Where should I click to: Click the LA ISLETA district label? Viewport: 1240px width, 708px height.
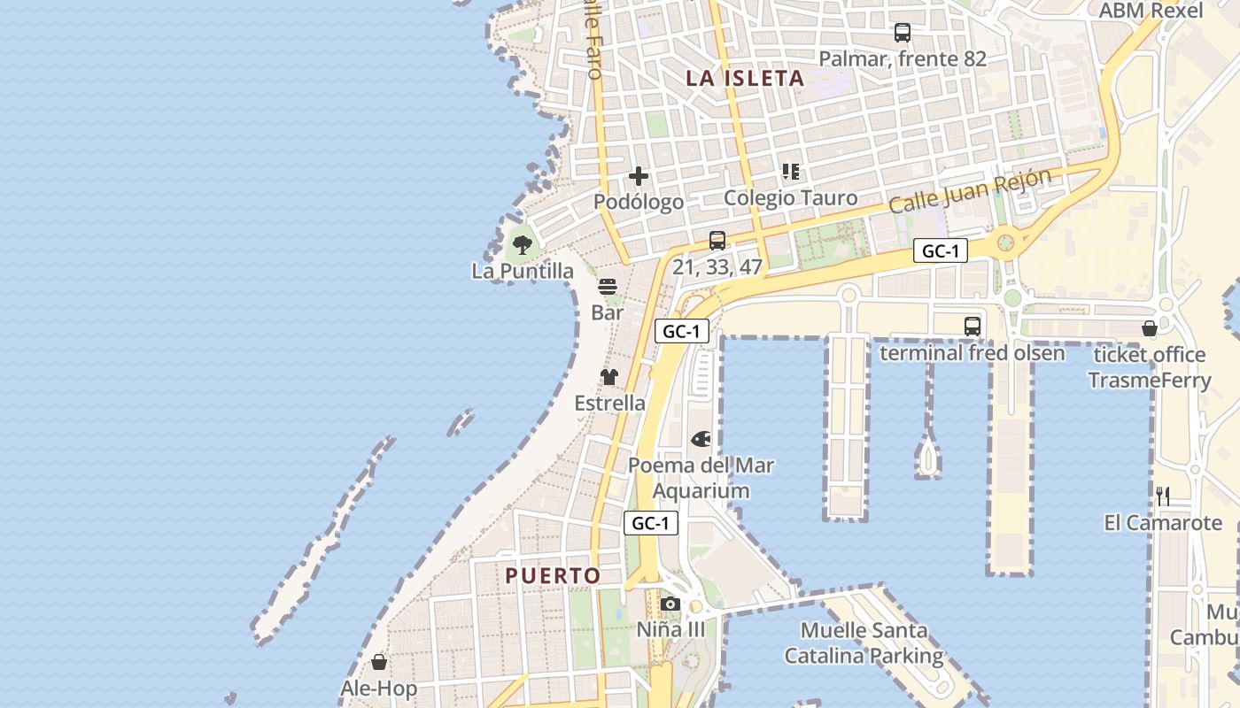tap(745, 78)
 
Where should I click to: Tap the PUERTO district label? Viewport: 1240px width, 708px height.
tap(553, 576)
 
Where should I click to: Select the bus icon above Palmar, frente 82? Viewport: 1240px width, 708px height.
tap(903, 33)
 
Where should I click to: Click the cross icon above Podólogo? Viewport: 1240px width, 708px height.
tap(639, 176)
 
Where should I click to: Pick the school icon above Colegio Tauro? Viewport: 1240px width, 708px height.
tap(791, 172)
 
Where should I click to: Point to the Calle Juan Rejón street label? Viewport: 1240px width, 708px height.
tap(970, 190)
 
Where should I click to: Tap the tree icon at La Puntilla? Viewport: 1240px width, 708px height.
tap(523, 244)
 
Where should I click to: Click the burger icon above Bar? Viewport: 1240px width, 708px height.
tap(608, 287)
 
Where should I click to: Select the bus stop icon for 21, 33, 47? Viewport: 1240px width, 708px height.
tap(717, 240)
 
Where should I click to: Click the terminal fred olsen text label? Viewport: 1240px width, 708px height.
tap(972, 353)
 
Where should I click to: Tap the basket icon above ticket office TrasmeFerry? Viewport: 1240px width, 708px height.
tap(1150, 329)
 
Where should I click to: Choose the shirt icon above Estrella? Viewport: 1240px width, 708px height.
tap(609, 377)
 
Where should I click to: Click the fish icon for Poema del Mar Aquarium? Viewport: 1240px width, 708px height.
tap(701, 438)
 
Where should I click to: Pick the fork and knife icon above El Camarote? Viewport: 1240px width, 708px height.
tap(1163, 496)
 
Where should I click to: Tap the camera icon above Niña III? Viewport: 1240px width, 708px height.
tap(670, 604)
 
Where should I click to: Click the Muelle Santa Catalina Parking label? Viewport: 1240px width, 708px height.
tap(864, 643)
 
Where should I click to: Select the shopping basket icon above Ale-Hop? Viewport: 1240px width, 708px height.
tap(379, 662)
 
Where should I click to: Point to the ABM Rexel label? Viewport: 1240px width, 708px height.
tap(1151, 11)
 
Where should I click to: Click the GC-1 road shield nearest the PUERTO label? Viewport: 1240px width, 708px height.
tap(651, 523)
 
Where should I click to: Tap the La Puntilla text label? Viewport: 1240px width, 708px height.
tap(523, 271)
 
